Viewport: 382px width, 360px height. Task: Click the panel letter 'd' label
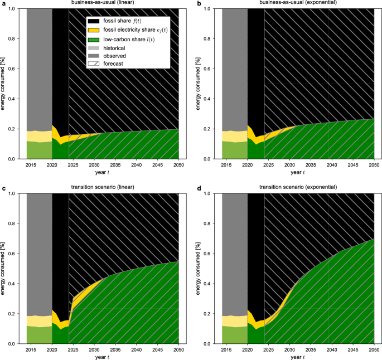click(198, 188)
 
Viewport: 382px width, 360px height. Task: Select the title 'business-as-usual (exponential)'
click(292, 3)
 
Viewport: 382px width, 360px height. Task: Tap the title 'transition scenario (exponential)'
click(292, 188)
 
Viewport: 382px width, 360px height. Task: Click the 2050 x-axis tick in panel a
click(178, 166)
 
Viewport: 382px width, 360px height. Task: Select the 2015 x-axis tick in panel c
click(35, 351)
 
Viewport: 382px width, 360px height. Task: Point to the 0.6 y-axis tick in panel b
click(213, 69)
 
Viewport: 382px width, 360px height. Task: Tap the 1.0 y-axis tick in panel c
click(18, 194)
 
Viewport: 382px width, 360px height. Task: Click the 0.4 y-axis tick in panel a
click(18, 99)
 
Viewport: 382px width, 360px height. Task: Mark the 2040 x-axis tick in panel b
click(332, 166)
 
